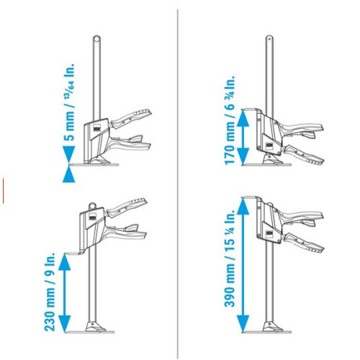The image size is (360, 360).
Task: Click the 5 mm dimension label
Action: [69, 102]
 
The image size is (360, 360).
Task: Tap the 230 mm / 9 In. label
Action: [50, 292]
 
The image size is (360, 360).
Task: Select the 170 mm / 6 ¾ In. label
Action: [230, 120]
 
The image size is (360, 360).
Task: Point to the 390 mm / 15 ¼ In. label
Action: [230, 258]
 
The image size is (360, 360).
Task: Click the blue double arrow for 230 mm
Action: [65, 293]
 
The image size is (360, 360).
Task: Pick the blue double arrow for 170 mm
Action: [243, 137]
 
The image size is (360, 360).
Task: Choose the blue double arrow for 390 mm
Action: [243, 265]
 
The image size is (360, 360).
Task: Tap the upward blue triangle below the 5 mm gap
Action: [69, 174]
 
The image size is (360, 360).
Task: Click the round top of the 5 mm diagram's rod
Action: [96, 39]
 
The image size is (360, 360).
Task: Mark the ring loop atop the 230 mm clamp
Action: [92, 206]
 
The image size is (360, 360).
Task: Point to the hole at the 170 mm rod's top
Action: [269, 38]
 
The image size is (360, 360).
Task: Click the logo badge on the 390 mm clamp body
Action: [269, 233]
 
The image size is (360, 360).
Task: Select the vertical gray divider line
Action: [178, 184]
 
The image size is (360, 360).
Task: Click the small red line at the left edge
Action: [4, 191]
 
